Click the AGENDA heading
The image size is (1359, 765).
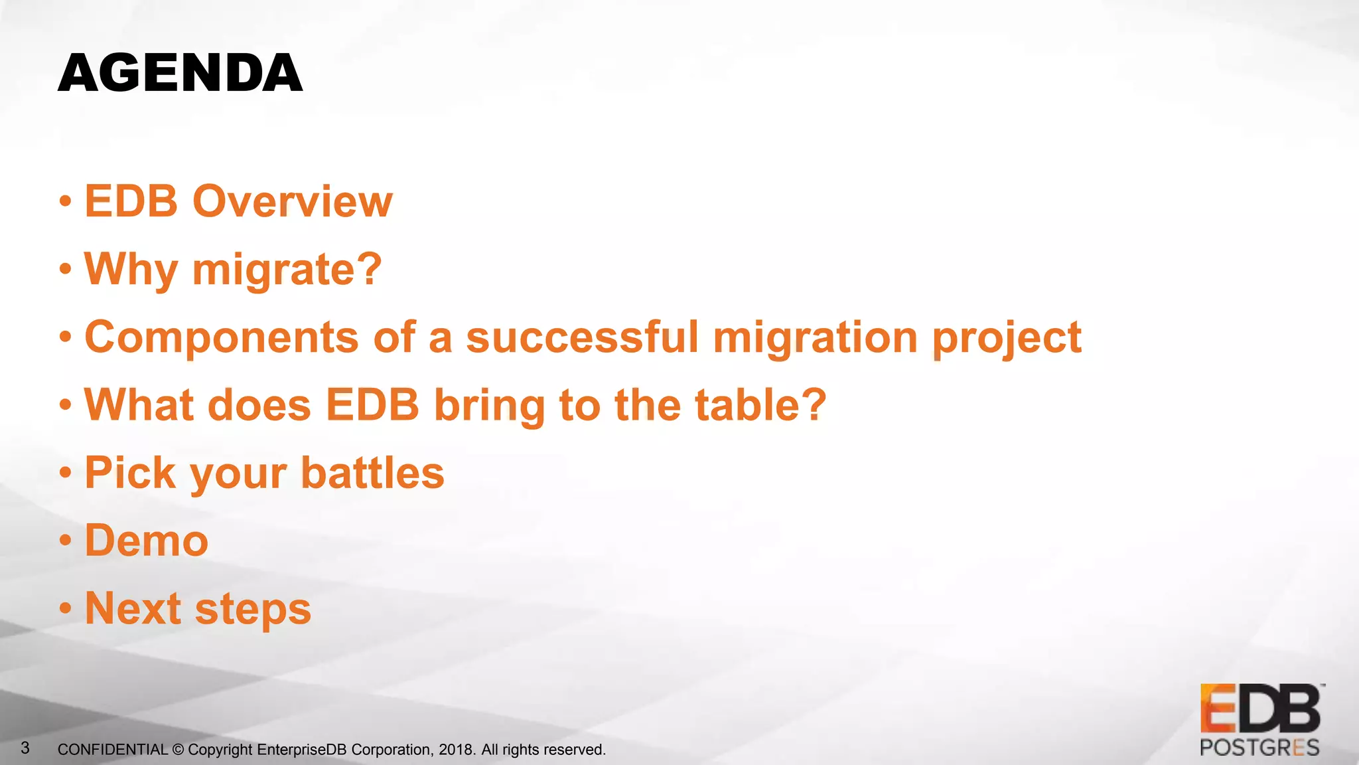(180, 73)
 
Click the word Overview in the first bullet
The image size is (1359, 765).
(292, 201)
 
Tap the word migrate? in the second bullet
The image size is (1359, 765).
(287, 270)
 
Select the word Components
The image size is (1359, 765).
(222, 337)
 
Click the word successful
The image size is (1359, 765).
(582, 337)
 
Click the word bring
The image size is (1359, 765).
(489, 406)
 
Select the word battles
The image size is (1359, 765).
(372, 473)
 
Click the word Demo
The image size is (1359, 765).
(147, 541)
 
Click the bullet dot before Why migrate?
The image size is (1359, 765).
(65, 270)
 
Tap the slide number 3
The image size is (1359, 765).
(25, 748)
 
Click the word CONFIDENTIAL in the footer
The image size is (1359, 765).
(112, 750)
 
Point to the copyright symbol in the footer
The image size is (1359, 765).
(178, 750)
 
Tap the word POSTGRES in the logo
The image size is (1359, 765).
(1259, 748)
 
